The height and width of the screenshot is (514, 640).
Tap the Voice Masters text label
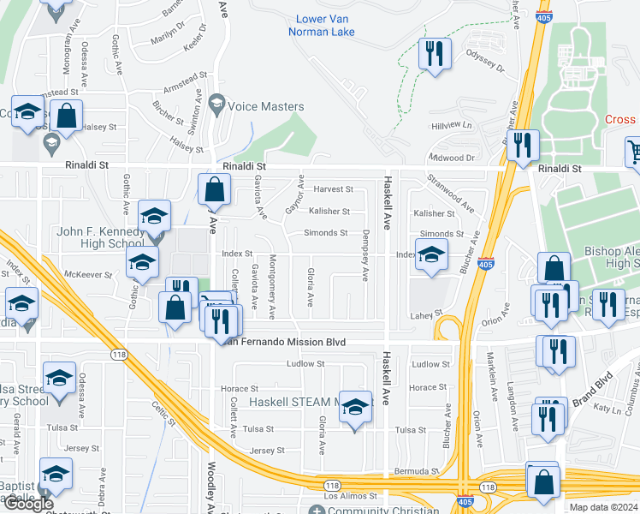264,106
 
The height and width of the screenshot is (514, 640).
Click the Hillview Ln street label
451,125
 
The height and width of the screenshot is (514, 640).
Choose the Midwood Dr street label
453,158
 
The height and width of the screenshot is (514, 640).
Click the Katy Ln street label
607,409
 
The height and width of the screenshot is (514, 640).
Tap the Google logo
28,504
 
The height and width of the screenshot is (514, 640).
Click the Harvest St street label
333,189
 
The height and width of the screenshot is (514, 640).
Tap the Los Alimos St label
350,496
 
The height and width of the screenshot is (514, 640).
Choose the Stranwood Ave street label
453,194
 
